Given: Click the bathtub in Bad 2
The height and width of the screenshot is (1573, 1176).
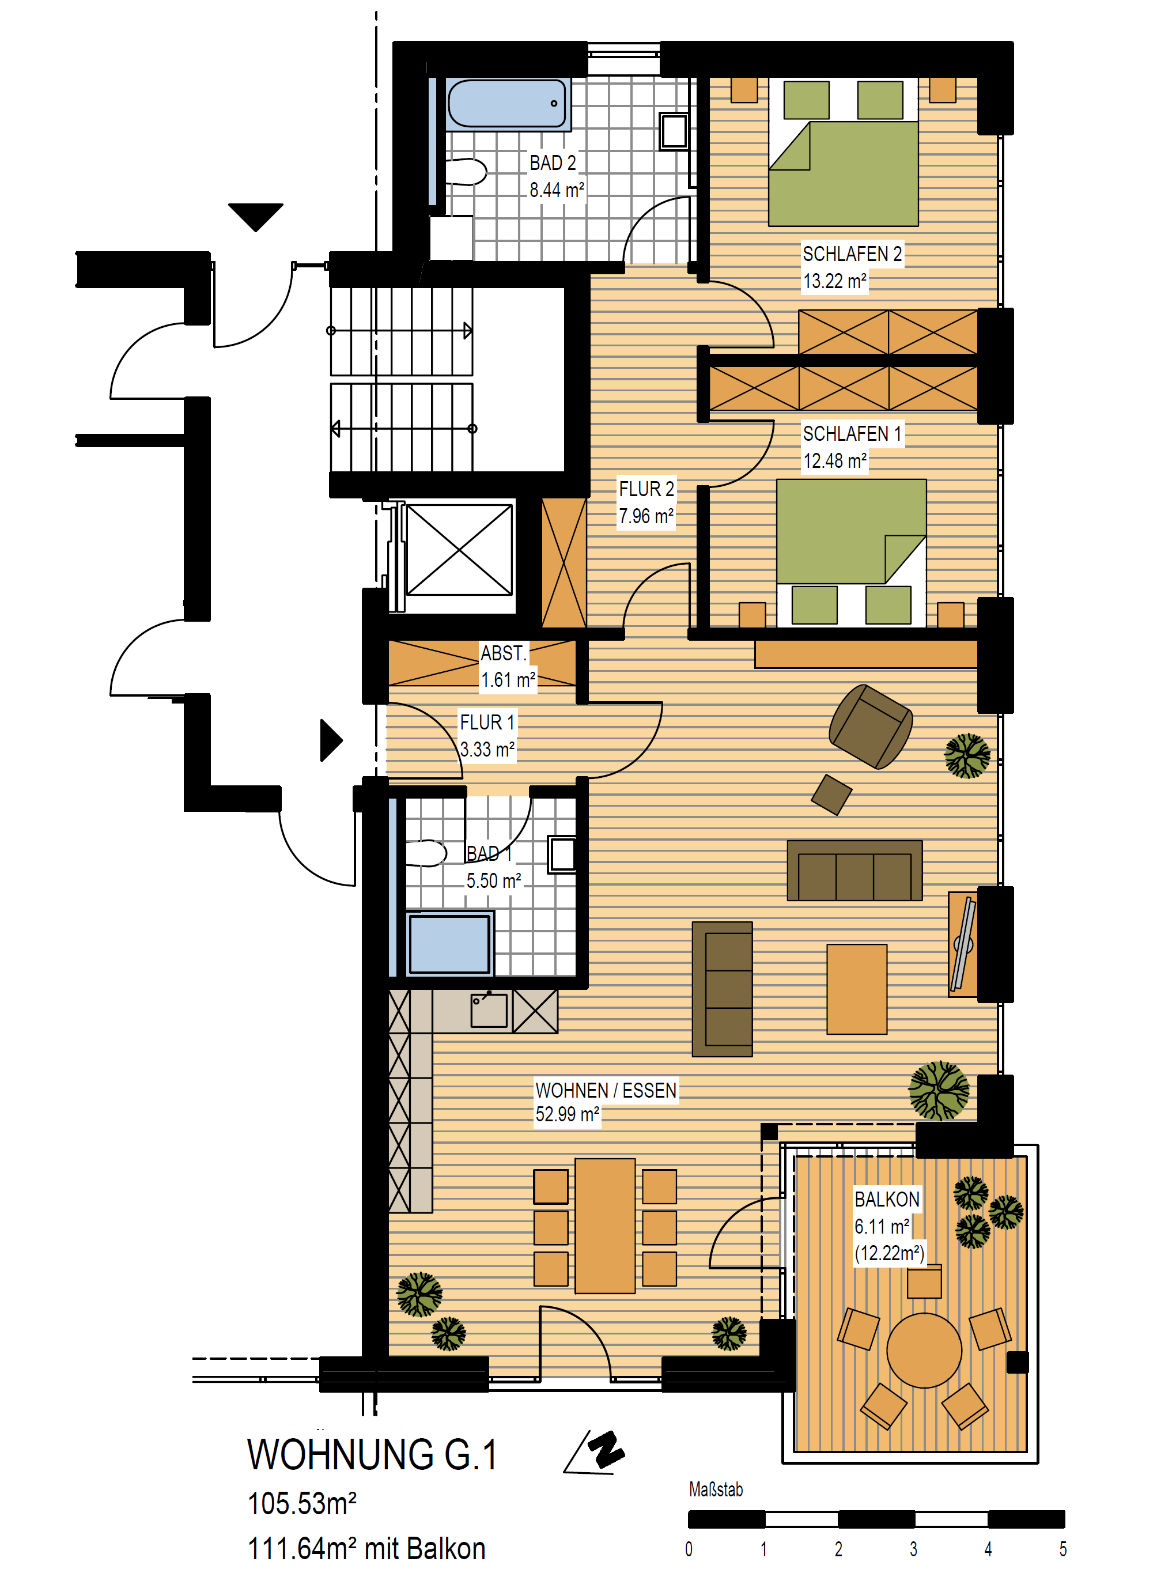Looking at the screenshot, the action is pos(508,104).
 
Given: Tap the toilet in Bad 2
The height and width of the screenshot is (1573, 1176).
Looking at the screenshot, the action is pos(466,171).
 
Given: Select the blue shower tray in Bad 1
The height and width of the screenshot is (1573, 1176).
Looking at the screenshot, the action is pos(449,943).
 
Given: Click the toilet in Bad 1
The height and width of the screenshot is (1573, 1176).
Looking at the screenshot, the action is pos(425,853).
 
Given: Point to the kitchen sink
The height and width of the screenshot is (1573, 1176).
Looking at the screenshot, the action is pos(489,1010).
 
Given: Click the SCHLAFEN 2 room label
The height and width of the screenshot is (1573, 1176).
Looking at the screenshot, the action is pos(852,254).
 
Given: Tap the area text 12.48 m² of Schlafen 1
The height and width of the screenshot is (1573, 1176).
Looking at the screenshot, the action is pos(835,461).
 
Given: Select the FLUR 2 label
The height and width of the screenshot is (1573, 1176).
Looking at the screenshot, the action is pos(645,489).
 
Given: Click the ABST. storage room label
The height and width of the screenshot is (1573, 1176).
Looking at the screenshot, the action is pos(502,653).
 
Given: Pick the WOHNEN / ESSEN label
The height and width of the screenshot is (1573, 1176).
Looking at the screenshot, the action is pos(606,1090).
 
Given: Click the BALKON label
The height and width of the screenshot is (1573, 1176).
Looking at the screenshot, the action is pos(887,1200).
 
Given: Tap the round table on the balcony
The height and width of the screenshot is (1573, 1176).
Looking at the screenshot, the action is pos(924,1349).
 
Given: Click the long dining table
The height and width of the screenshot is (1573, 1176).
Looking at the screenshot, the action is pos(604,1225).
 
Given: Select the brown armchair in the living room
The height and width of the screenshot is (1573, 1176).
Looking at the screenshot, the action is pos(869,726).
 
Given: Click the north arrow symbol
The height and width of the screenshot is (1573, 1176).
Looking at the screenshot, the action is pos(596,1452).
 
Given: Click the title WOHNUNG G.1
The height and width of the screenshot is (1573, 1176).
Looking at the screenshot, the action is pos(372,1454).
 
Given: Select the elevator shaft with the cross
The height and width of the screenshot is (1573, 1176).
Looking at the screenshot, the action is pos(459,550).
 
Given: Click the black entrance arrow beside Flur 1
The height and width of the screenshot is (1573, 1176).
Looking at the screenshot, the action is pos(331,740).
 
